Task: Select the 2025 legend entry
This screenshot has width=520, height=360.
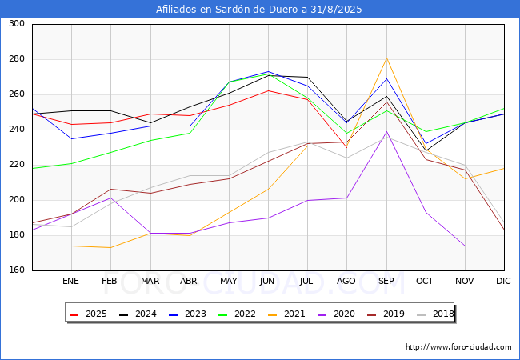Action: [88, 314]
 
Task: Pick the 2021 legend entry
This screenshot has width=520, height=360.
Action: [286, 314]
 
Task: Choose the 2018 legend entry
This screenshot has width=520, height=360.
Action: [435, 314]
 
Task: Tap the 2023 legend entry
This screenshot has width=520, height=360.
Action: [187, 314]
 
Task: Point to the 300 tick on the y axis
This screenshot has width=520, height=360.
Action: [17, 23]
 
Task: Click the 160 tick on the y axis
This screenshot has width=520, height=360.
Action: [17, 270]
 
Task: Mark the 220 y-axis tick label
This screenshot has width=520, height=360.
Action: [17, 165]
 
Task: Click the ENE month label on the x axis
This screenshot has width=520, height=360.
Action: [70, 281]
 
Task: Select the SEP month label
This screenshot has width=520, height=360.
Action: [386, 281]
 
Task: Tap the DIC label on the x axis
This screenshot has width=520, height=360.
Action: [503, 281]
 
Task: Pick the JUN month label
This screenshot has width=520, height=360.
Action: [267, 281]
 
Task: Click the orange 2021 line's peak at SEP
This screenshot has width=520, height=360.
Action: [386, 58]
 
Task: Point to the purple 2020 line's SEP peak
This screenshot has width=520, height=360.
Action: [386, 132]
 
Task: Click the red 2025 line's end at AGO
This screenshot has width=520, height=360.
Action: [347, 147]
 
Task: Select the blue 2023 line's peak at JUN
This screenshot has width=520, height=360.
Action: [268, 72]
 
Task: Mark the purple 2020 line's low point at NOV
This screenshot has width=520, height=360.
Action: [466, 246]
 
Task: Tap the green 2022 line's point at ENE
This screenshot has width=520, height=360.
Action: [72, 163]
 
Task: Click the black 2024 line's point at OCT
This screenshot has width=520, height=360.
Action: [426, 150]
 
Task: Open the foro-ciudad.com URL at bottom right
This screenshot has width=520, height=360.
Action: [458, 347]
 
